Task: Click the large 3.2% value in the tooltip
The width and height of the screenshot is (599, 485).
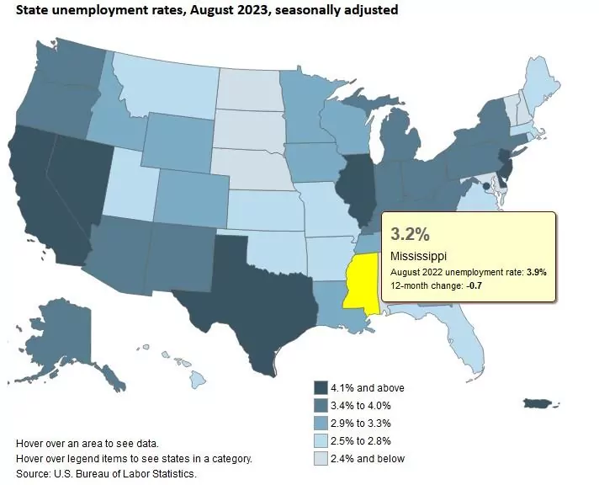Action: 411,232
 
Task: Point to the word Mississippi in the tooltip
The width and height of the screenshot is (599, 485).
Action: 418,255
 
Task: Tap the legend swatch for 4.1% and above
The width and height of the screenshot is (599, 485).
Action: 321,387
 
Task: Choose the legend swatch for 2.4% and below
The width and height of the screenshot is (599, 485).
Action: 321,458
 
